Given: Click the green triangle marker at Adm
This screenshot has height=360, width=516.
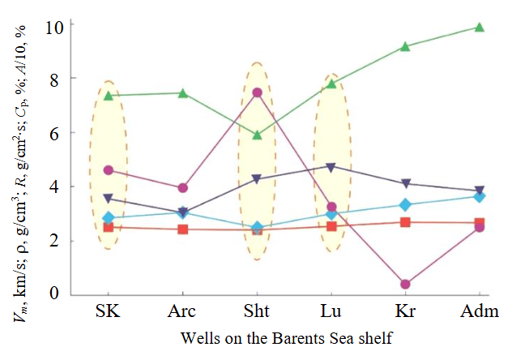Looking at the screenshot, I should coord(479,28).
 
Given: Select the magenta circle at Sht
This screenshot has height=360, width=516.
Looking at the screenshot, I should coord(257,92).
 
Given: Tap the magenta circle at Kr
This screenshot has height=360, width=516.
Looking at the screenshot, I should coord(405,284).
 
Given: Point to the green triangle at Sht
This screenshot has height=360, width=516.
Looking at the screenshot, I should coord(257,135).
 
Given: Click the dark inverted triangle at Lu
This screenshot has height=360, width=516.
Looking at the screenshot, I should coord(330,167).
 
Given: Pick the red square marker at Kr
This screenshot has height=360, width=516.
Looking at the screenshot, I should coord(405,222).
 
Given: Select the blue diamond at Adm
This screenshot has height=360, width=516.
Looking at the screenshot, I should coord(479,197).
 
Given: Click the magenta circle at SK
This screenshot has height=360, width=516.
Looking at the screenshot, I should coord(109,170).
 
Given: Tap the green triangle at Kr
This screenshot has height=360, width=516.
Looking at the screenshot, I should coord(405,47).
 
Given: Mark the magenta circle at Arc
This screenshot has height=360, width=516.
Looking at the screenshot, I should coord(183,187).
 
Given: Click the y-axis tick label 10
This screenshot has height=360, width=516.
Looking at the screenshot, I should coord(53,24).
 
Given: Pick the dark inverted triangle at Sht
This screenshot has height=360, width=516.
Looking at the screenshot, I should coord(257,179).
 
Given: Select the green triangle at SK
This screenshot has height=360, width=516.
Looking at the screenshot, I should coord(109,96).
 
